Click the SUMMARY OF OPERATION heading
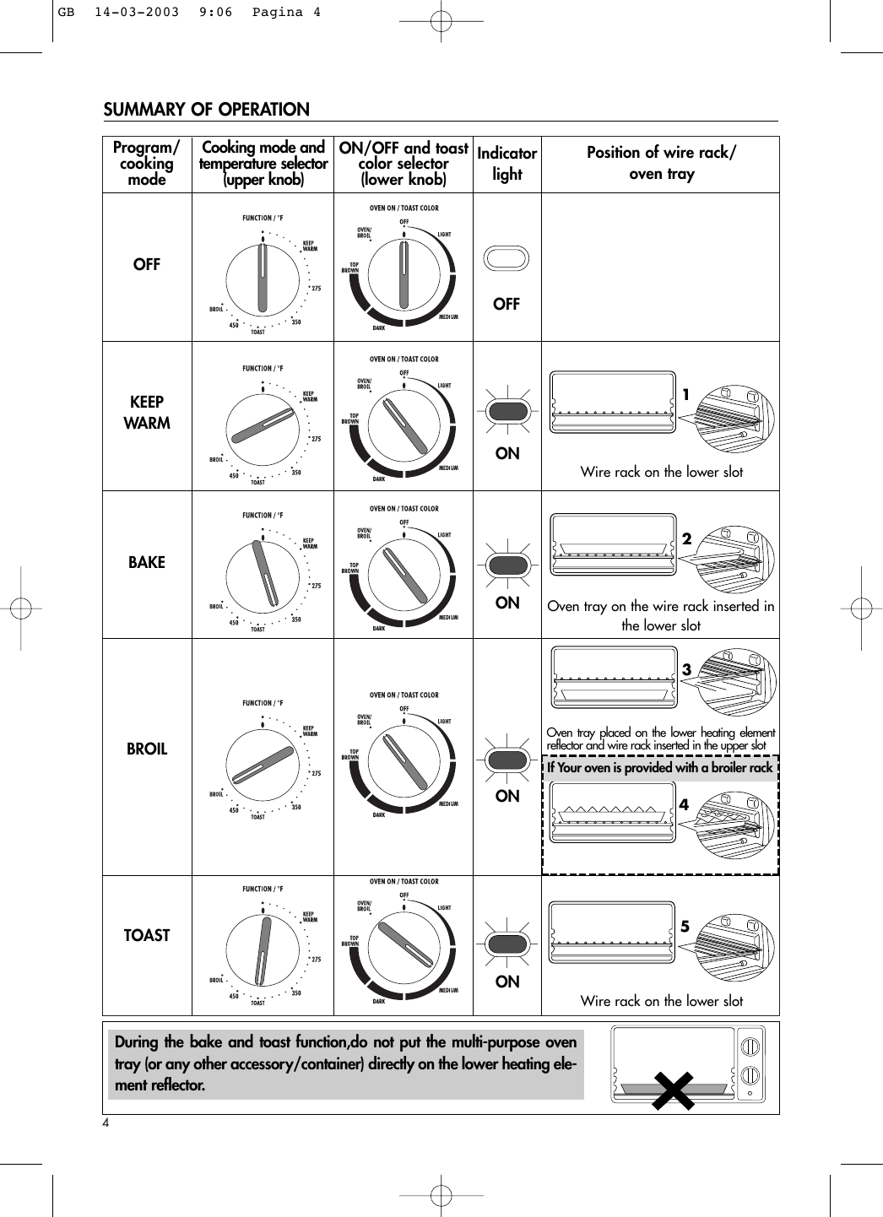point(206,110)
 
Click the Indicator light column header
point(507,164)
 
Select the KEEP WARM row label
point(147,413)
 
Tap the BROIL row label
point(147,749)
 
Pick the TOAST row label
point(147,935)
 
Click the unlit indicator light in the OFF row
point(507,259)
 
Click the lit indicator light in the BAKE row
point(507,564)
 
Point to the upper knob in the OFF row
point(263,282)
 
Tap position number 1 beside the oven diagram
point(686,395)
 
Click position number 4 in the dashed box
point(684,805)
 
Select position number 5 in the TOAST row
point(685,927)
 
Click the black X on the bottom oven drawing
point(673,1091)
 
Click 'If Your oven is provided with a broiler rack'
point(659,768)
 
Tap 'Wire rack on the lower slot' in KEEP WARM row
point(661,472)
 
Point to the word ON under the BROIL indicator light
point(507,796)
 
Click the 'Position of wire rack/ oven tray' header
point(661,163)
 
